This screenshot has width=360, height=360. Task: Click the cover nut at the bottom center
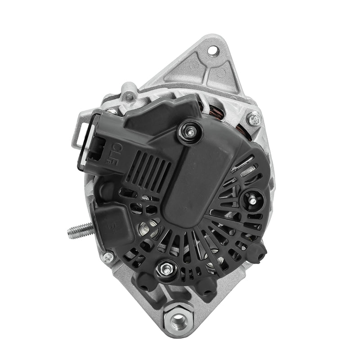163,270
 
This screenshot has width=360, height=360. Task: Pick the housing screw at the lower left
108,257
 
